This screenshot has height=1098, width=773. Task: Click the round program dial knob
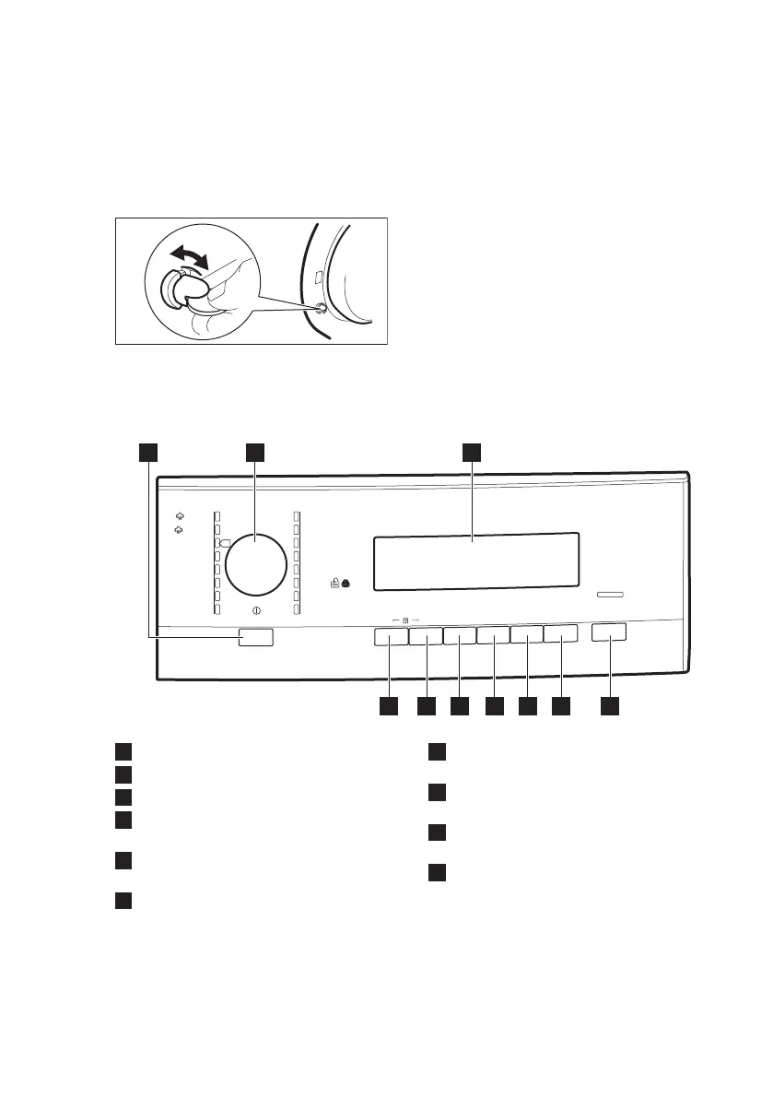pyautogui.click(x=256, y=563)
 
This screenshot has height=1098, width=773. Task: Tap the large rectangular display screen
pyautogui.click(x=475, y=561)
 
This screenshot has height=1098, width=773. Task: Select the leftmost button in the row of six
pyautogui.click(x=391, y=636)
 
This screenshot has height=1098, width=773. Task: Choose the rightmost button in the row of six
pyautogui.click(x=560, y=634)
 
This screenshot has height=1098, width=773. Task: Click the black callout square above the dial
pyautogui.click(x=255, y=451)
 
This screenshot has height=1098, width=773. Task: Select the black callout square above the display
pyautogui.click(x=472, y=451)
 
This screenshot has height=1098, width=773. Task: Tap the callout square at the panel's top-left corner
pyautogui.click(x=148, y=451)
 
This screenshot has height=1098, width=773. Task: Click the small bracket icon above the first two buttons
pyautogui.click(x=404, y=620)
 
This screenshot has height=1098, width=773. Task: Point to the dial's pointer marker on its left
pyautogui.click(x=223, y=543)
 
